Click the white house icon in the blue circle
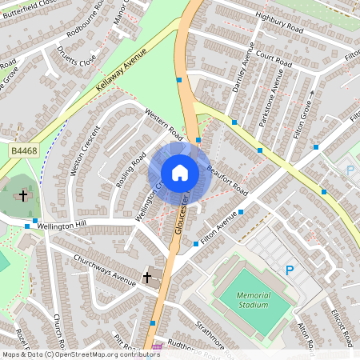pos(179,172)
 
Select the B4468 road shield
pos(23,149)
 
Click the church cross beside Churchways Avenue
pos(146,277)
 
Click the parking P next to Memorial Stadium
pos(290,270)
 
